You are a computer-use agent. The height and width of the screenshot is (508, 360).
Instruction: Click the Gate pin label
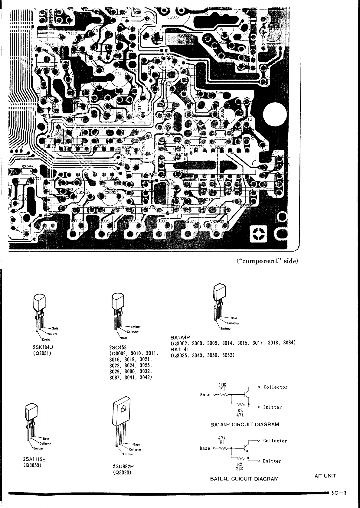[x=55, y=328]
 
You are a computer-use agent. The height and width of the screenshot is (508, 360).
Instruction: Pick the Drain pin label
[x=45, y=340]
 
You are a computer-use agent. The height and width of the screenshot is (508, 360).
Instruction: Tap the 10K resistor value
[x=223, y=385]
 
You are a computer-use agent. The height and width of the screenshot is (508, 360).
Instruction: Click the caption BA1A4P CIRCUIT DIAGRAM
[x=244, y=424]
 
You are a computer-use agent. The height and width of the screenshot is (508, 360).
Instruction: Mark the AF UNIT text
[x=325, y=476]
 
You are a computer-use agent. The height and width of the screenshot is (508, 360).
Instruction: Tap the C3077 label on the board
[x=173, y=17]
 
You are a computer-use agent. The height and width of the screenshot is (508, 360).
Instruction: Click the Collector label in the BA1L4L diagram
[x=275, y=441]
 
